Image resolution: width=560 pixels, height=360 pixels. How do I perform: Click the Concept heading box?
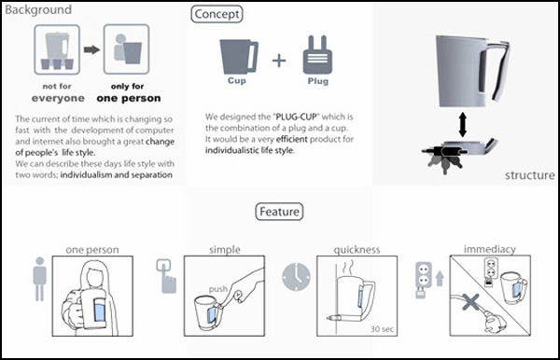click(217, 14)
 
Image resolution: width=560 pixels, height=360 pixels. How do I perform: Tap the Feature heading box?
click(279, 212)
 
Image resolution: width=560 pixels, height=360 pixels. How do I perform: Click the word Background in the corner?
click(38, 9)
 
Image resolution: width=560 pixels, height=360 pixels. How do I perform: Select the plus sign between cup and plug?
click(279, 61)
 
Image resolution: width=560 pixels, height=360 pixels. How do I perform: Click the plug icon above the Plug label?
click(317, 55)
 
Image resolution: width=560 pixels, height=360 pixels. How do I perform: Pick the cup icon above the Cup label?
click(239, 56)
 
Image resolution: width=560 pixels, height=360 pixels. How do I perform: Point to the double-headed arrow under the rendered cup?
click(463, 125)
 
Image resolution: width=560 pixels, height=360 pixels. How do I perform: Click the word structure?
click(530, 175)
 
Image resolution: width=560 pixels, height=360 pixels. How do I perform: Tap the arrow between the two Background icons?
click(91, 49)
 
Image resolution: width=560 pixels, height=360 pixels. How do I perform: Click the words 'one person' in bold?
click(129, 98)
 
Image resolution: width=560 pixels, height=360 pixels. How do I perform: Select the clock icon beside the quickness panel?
click(296, 277)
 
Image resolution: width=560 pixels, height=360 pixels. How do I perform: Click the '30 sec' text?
click(382, 328)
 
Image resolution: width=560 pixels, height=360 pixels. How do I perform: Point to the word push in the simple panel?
click(218, 288)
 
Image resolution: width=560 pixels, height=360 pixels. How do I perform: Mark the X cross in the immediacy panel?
click(470, 302)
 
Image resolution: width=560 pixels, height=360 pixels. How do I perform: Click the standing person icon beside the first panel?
click(39, 279)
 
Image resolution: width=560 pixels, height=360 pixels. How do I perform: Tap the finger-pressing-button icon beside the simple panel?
click(166, 276)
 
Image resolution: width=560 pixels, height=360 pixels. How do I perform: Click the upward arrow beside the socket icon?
click(440, 278)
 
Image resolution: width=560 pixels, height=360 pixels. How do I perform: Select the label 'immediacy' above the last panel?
click(490, 249)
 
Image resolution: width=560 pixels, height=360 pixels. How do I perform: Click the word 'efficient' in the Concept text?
click(292, 139)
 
